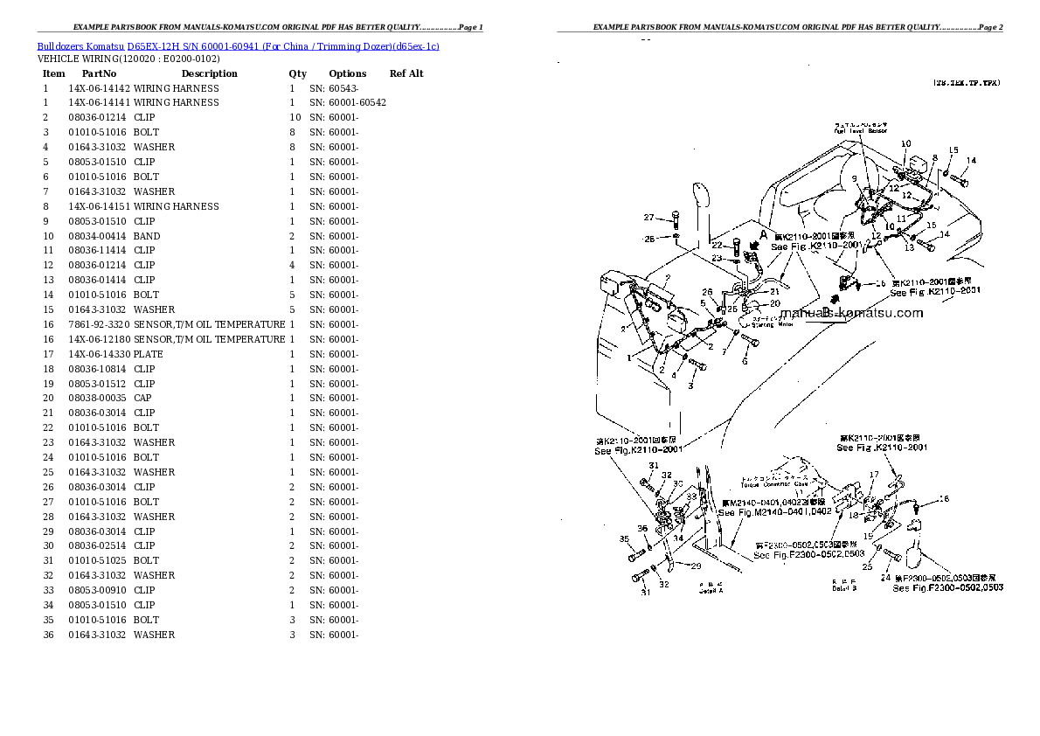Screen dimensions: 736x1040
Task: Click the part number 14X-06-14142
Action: click(99, 88)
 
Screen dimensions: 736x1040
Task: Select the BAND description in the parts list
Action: click(147, 236)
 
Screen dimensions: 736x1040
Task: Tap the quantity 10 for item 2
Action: click(295, 117)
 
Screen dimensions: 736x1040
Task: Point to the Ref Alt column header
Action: click(406, 73)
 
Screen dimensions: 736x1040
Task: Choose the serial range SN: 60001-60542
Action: click(348, 102)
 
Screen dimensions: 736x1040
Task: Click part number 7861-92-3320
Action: click(99, 324)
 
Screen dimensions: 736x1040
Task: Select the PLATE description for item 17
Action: click(148, 354)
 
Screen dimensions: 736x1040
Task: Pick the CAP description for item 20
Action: click(143, 398)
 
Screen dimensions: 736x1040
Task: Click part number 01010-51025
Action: click(99, 560)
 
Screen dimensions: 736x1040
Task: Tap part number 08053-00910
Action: click(99, 590)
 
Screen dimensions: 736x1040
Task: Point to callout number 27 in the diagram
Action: click(648, 218)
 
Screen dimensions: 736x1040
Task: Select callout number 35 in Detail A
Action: click(624, 538)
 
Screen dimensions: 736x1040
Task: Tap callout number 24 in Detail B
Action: click(885, 578)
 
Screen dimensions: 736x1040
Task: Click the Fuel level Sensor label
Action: click(860, 130)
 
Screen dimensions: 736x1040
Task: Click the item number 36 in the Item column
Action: click(48, 635)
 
